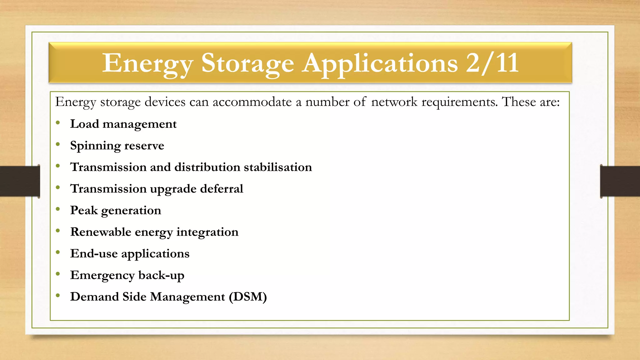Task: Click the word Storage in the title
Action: coord(247,63)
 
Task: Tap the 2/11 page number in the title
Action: coord(492,63)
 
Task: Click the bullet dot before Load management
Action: coord(58,123)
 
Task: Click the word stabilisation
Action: coord(278,167)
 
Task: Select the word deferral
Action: coord(222,189)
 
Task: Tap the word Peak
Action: coord(84,210)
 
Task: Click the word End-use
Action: coord(94,253)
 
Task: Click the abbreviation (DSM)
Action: coord(248,297)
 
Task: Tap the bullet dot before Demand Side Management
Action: coord(58,296)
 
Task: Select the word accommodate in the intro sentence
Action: coord(252,102)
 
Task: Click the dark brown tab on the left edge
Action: coord(20,181)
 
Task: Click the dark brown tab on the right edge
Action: coord(620,181)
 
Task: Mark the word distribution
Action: coord(207,167)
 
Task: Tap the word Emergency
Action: coord(102,275)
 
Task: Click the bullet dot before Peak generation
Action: coord(58,209)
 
